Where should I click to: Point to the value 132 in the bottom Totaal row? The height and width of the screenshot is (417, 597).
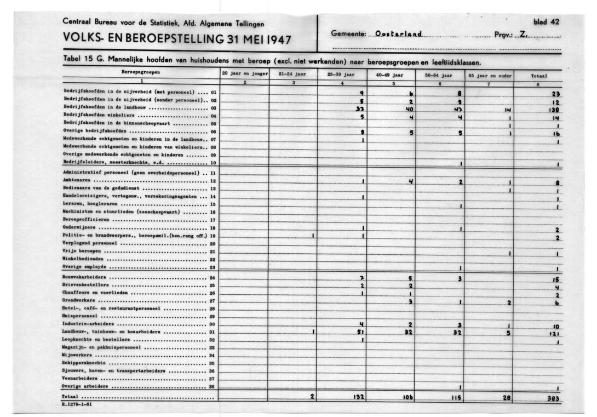358,397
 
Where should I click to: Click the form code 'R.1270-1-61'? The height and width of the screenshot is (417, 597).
77,404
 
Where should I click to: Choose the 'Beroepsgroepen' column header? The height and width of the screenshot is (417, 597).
141,72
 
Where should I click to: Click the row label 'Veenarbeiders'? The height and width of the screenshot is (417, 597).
79,378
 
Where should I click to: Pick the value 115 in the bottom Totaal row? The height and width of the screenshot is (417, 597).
458,398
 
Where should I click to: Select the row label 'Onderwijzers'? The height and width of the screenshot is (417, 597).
79,226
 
